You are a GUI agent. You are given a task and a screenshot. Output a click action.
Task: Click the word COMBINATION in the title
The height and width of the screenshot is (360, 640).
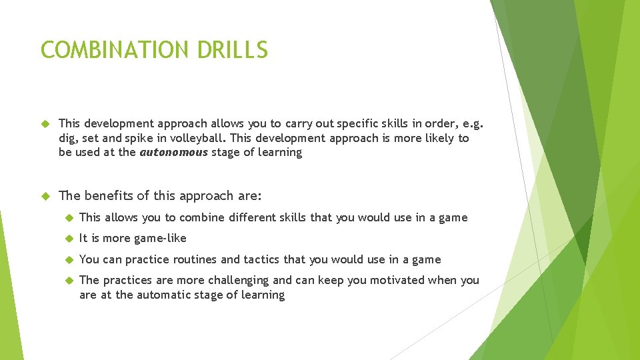click(108, 50)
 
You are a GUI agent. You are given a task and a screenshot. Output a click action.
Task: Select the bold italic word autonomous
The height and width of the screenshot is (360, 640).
click(173, 153)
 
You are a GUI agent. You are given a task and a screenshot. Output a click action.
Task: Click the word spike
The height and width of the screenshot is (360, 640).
click(145, 138)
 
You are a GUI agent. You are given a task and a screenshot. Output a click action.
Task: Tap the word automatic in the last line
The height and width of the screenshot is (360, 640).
click(164, 295)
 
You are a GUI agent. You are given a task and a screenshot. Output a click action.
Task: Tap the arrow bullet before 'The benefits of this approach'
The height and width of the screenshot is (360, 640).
click(46, 196)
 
